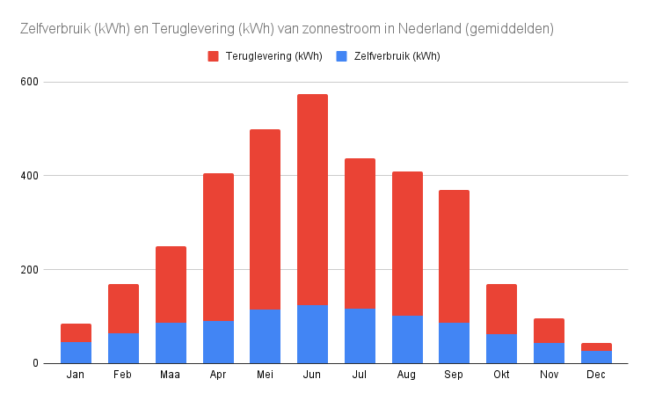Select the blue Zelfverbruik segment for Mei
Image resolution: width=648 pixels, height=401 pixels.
[265, 336]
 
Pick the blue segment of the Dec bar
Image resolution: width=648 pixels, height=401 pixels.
[596, 357]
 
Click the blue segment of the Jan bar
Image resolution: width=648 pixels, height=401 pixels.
[76, 353]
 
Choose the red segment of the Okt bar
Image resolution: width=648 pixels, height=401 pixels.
[501, 309]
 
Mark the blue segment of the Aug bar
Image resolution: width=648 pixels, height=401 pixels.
[407, 339]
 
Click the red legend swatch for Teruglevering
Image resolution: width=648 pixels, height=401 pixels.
[213, 56]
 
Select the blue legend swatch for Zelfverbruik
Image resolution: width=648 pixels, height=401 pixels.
[341, 56]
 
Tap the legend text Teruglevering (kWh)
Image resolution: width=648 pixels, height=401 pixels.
[273, 56]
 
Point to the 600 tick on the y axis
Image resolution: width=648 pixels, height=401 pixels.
[30, 82]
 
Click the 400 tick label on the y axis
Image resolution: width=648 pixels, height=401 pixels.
[30, 176]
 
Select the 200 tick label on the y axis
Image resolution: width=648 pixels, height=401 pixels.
[30, 270]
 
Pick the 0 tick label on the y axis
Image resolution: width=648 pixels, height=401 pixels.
[36, 363]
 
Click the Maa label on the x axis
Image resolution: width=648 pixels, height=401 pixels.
[171, 376]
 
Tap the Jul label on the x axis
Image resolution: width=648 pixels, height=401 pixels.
[360, 376]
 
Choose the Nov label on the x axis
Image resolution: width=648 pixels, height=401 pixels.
[549, 376]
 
